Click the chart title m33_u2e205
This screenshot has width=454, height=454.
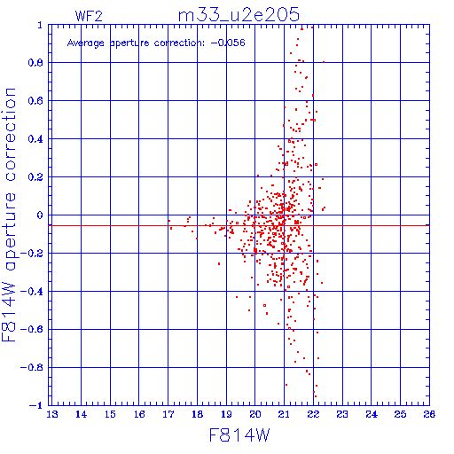(239, 15)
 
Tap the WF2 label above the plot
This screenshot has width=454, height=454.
(89, 16)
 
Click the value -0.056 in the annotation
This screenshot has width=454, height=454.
(228, 43)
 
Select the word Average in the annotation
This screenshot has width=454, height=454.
(86, 43)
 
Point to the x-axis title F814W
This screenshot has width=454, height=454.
(239, 435)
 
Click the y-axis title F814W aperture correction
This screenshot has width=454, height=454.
(9, 215)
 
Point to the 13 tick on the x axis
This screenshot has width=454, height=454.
(52, 414)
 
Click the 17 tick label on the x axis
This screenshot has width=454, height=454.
(168, 414)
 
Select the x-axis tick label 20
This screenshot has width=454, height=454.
(255, 414)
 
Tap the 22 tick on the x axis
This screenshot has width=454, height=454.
(313, 414)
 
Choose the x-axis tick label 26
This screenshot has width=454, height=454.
(429, 414)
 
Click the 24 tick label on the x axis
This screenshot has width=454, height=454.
(372, 414)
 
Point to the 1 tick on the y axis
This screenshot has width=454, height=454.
(40, 25)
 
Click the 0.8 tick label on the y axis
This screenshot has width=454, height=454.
(35, 63)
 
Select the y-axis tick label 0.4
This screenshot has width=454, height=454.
(35, 139)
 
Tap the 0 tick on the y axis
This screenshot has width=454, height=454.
(40, 215)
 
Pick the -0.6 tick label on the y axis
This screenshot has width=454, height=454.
(32, 329)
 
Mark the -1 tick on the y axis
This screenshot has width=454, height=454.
(36, 405)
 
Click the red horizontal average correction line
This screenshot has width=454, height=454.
(239, 225)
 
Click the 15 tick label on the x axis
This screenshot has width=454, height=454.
(110, 414)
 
